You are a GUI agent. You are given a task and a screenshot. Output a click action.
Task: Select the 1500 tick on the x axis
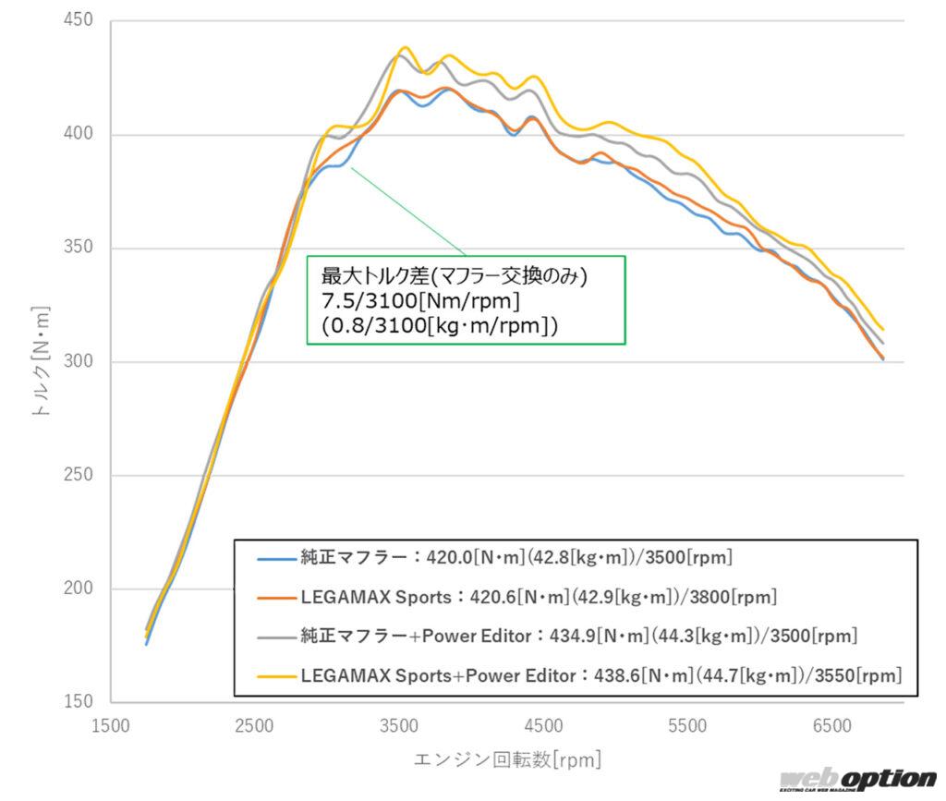point(111,727)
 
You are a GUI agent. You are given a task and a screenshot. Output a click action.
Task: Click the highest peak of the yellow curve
point(405,47)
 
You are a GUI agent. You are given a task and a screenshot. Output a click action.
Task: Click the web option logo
point(856,781)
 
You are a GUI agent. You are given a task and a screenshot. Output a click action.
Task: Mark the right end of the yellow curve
point(883,329)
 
